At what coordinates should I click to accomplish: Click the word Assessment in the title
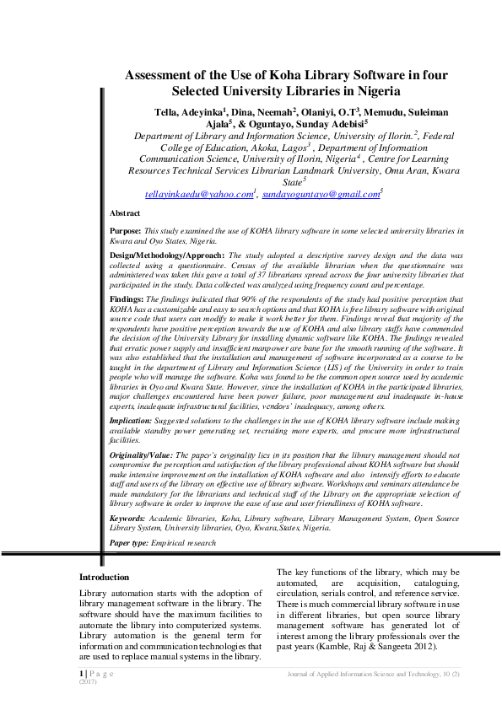165,74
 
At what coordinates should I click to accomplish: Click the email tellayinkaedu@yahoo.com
199,194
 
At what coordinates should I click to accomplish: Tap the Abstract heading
126,213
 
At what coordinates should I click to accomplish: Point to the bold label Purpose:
126,230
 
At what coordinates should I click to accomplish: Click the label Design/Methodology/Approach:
168,254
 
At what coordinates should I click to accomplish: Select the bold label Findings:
127,299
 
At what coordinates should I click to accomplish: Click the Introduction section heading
104,578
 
